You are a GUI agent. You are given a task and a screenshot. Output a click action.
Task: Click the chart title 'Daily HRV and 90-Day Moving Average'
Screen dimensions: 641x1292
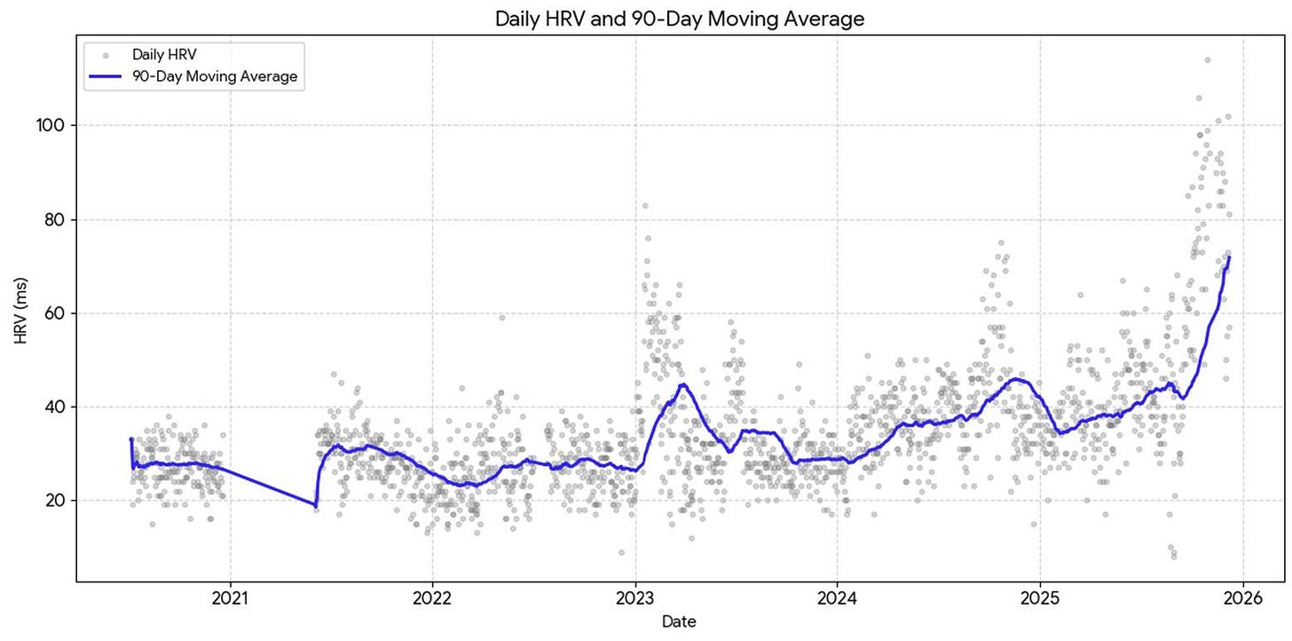click(x=679, y=18)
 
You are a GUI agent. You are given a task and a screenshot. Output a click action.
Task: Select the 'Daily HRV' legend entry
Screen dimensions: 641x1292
click(x=164, y=55)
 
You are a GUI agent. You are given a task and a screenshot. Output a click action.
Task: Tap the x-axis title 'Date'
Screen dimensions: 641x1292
click(x=679, y=621)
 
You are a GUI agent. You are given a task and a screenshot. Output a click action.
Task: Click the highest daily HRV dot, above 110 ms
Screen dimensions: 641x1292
click(x=1207, y=60)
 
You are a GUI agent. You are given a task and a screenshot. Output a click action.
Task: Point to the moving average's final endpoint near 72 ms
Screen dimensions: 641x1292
click(x=1229, y=257)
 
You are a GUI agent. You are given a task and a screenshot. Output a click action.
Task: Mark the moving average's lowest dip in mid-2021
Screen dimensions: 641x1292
click(x=315, y=505)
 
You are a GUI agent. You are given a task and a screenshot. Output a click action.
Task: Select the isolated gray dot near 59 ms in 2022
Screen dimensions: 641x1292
click(x=502, y=317)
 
